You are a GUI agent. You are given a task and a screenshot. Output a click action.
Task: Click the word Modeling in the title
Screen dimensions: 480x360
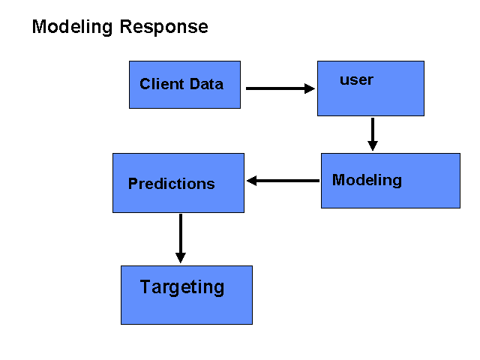(x=72, y=28)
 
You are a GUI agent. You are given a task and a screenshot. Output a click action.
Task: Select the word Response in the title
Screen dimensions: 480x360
(x=163, y=28)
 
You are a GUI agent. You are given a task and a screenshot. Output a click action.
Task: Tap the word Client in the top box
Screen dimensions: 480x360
(x=162, y=84)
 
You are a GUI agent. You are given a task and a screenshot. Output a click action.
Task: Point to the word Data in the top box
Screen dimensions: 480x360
(x=207, y=84)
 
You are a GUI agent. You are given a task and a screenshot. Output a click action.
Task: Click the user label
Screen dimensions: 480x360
(x=356, y=80)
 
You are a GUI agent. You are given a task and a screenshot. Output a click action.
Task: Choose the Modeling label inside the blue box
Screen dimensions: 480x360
(x=367, y=180)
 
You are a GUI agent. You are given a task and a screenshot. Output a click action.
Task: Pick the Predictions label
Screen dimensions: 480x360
(x=172, y=184)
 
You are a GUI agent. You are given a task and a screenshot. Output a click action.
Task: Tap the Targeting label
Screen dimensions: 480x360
(x=182, y=287)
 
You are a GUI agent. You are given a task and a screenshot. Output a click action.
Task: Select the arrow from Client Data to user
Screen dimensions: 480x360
(x=280, y=88)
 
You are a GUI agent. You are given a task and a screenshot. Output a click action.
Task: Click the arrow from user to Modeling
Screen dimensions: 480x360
(x=373, y=134)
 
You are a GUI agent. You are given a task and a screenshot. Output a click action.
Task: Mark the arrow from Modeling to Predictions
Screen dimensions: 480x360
(x=283, y=181)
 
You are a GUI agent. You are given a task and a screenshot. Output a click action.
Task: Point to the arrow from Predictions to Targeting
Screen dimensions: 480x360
(x=181, y=238)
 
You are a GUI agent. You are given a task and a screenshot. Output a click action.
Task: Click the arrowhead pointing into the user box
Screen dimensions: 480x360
(x=310, y=88)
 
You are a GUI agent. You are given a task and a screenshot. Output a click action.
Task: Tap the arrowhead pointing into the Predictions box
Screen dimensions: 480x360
(x=252, y=181)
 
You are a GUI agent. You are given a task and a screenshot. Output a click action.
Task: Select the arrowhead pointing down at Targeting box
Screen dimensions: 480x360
(x=181, y=258)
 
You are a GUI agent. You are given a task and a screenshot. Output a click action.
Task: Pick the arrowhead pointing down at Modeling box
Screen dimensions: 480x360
(x=373, y=145)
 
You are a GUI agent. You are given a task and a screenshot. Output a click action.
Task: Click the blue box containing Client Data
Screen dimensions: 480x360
(x=185, y=85)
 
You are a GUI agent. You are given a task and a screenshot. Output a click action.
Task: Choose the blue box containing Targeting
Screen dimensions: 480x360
(x=187, y=295)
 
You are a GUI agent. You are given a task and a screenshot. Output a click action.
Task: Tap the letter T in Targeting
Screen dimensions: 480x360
(x=145, y=286)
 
